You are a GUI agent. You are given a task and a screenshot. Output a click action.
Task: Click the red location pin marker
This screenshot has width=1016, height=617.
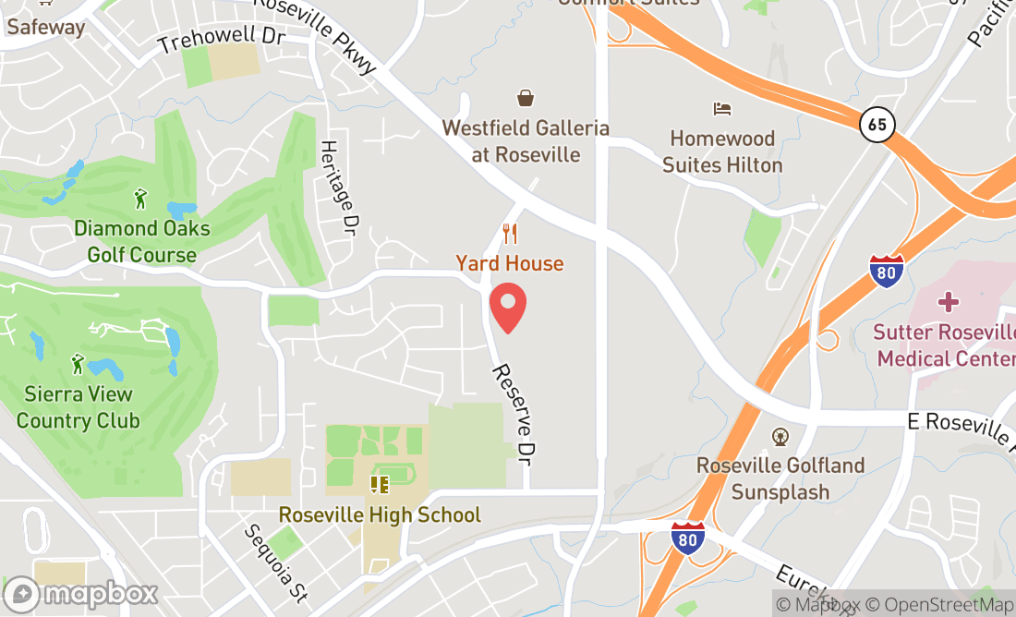click(x=507, y=308)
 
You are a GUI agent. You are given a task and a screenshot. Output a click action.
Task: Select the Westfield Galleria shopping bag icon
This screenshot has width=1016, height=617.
click(x=526, y=98)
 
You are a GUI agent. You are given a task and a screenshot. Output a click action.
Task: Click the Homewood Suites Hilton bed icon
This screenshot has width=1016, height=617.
click(x=722, y=109)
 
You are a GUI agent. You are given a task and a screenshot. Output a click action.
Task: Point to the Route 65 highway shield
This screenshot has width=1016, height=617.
click(x=877, y=124)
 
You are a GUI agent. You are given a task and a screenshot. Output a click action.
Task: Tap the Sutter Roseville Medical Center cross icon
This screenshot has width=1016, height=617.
click(x=948, y=301)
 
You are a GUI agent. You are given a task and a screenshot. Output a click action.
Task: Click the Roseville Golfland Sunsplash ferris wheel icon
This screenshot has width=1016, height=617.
click(x=780, y=436)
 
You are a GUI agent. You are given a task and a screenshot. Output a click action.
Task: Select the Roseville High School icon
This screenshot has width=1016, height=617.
click(x=379, y=484)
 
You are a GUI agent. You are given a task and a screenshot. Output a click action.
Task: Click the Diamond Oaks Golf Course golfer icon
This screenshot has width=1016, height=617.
click(x=140, y=199)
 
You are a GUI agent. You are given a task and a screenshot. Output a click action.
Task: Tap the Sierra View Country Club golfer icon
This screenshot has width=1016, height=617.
click(x=78, y=364)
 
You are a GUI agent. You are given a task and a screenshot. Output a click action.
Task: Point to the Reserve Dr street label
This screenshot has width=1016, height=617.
click(x=514, y=413)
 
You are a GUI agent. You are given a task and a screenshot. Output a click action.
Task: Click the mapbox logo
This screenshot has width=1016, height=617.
click(x=80, y=594)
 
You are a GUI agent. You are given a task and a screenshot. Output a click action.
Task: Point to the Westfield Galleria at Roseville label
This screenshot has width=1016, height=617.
click(x=526, y=141)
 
